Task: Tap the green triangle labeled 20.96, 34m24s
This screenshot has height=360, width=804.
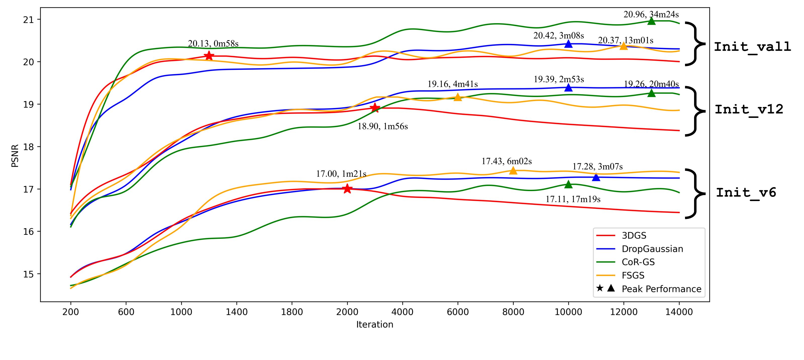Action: [651, 21]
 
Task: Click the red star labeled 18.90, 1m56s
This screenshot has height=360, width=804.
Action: [375, 108]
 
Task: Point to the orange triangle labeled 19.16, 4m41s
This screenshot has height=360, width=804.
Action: [458, 97]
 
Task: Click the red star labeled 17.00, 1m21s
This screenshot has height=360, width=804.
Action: [347, 189]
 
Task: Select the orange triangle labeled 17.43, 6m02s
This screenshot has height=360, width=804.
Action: [513, 171]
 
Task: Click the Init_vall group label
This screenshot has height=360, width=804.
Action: [752, 47]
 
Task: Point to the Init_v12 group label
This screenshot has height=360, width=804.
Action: [749, 110]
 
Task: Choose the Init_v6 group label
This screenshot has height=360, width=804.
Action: [746, 193]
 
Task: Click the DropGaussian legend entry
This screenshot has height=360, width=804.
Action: [652, 249]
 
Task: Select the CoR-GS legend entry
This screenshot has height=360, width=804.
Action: [638, 262]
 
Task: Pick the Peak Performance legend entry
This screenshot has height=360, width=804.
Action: [661, 289]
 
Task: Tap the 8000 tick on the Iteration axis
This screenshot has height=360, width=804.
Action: [513, 312]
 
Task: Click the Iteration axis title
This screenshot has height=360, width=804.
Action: [375, 325]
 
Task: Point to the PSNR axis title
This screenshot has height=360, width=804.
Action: [15, 156]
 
